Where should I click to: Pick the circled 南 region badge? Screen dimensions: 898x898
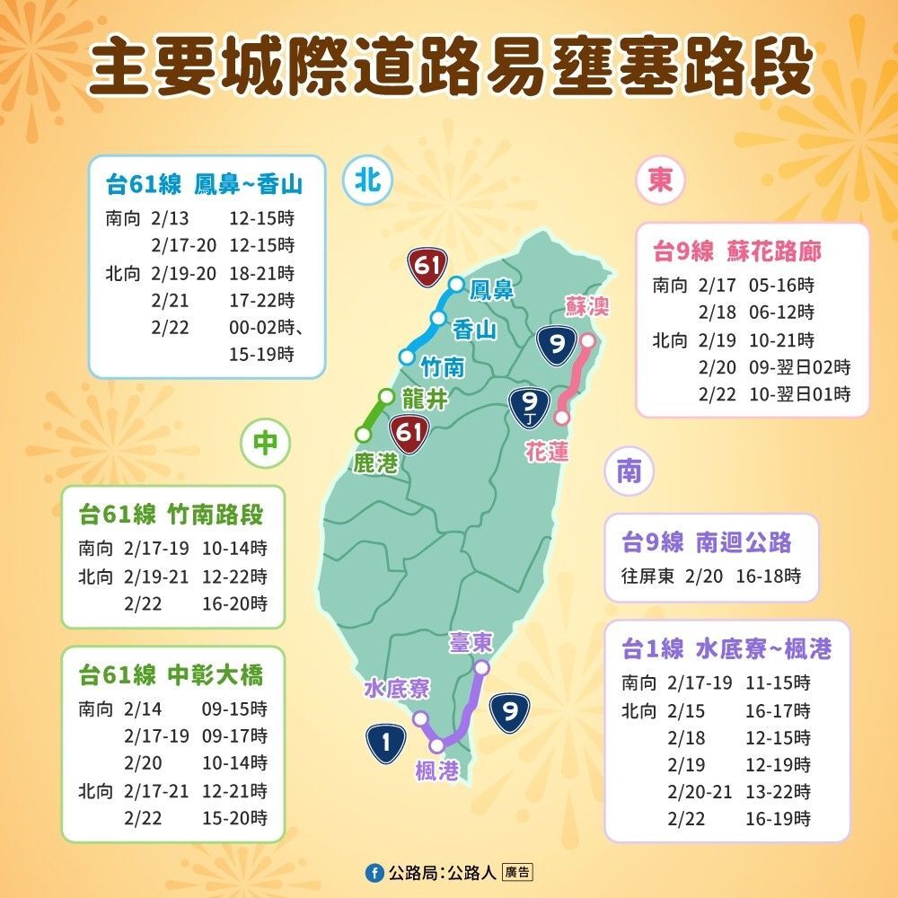629,471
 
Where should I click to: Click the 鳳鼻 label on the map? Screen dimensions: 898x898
492,289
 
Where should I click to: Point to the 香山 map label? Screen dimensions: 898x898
474,330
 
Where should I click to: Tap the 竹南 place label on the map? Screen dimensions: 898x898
443,365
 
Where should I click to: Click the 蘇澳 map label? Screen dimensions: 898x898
587,307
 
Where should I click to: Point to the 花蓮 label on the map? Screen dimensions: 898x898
547,450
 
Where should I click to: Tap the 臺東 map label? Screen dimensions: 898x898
471,643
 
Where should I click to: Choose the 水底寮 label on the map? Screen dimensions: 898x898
396,690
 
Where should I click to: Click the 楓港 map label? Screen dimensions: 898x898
437,770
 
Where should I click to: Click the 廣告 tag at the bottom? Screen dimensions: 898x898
517,872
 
